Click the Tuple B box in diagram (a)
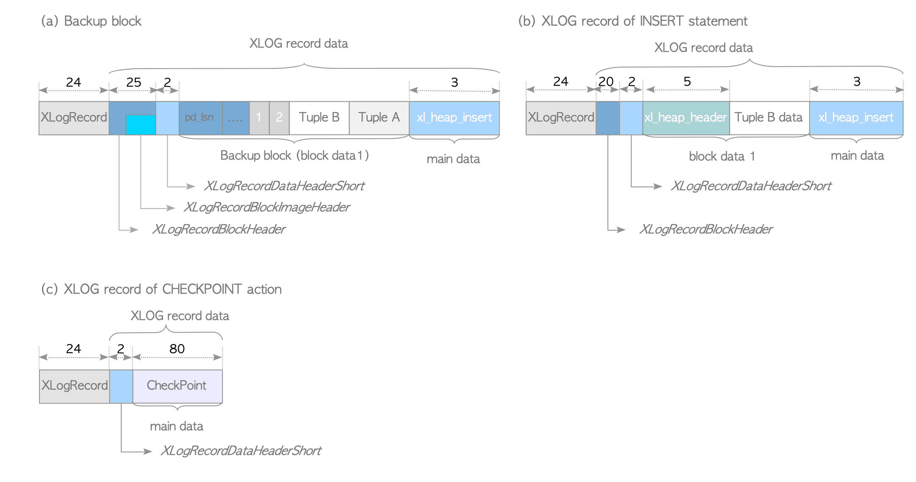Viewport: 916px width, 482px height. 319,118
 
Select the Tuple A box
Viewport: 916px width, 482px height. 379,118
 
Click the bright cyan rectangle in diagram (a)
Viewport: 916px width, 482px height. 140,125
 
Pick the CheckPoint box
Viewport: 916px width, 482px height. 177,386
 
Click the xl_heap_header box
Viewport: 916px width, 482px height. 686,118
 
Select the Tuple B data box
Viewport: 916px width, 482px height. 769,118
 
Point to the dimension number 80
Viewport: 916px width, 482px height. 177,349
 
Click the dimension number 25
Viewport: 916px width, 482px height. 133,82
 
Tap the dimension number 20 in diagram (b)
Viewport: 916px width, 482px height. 606,81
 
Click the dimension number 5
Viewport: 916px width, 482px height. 687,81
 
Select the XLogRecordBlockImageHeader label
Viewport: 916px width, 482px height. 267,207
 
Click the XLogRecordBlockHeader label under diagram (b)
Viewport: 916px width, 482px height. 705,230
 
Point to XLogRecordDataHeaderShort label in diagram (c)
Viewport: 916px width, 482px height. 241,451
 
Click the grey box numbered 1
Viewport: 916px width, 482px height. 259,118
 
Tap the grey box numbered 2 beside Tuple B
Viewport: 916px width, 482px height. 279,118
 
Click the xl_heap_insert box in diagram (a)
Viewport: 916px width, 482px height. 454,118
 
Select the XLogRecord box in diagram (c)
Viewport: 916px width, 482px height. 74,386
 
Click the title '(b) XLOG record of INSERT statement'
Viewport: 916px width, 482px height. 632,21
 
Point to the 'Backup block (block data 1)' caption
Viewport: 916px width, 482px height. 294,156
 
